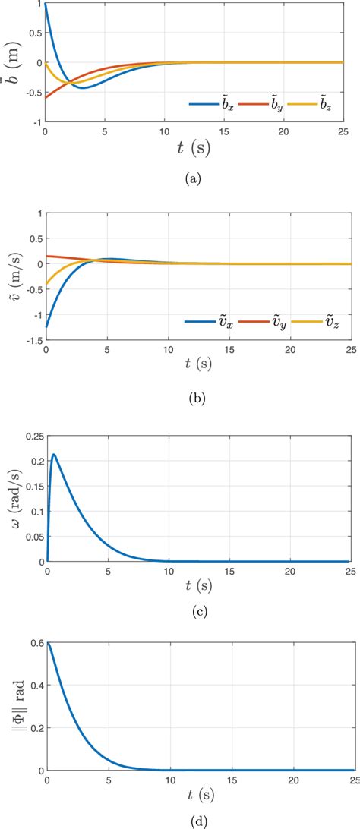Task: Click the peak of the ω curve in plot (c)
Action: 53,455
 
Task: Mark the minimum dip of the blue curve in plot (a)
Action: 84,88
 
